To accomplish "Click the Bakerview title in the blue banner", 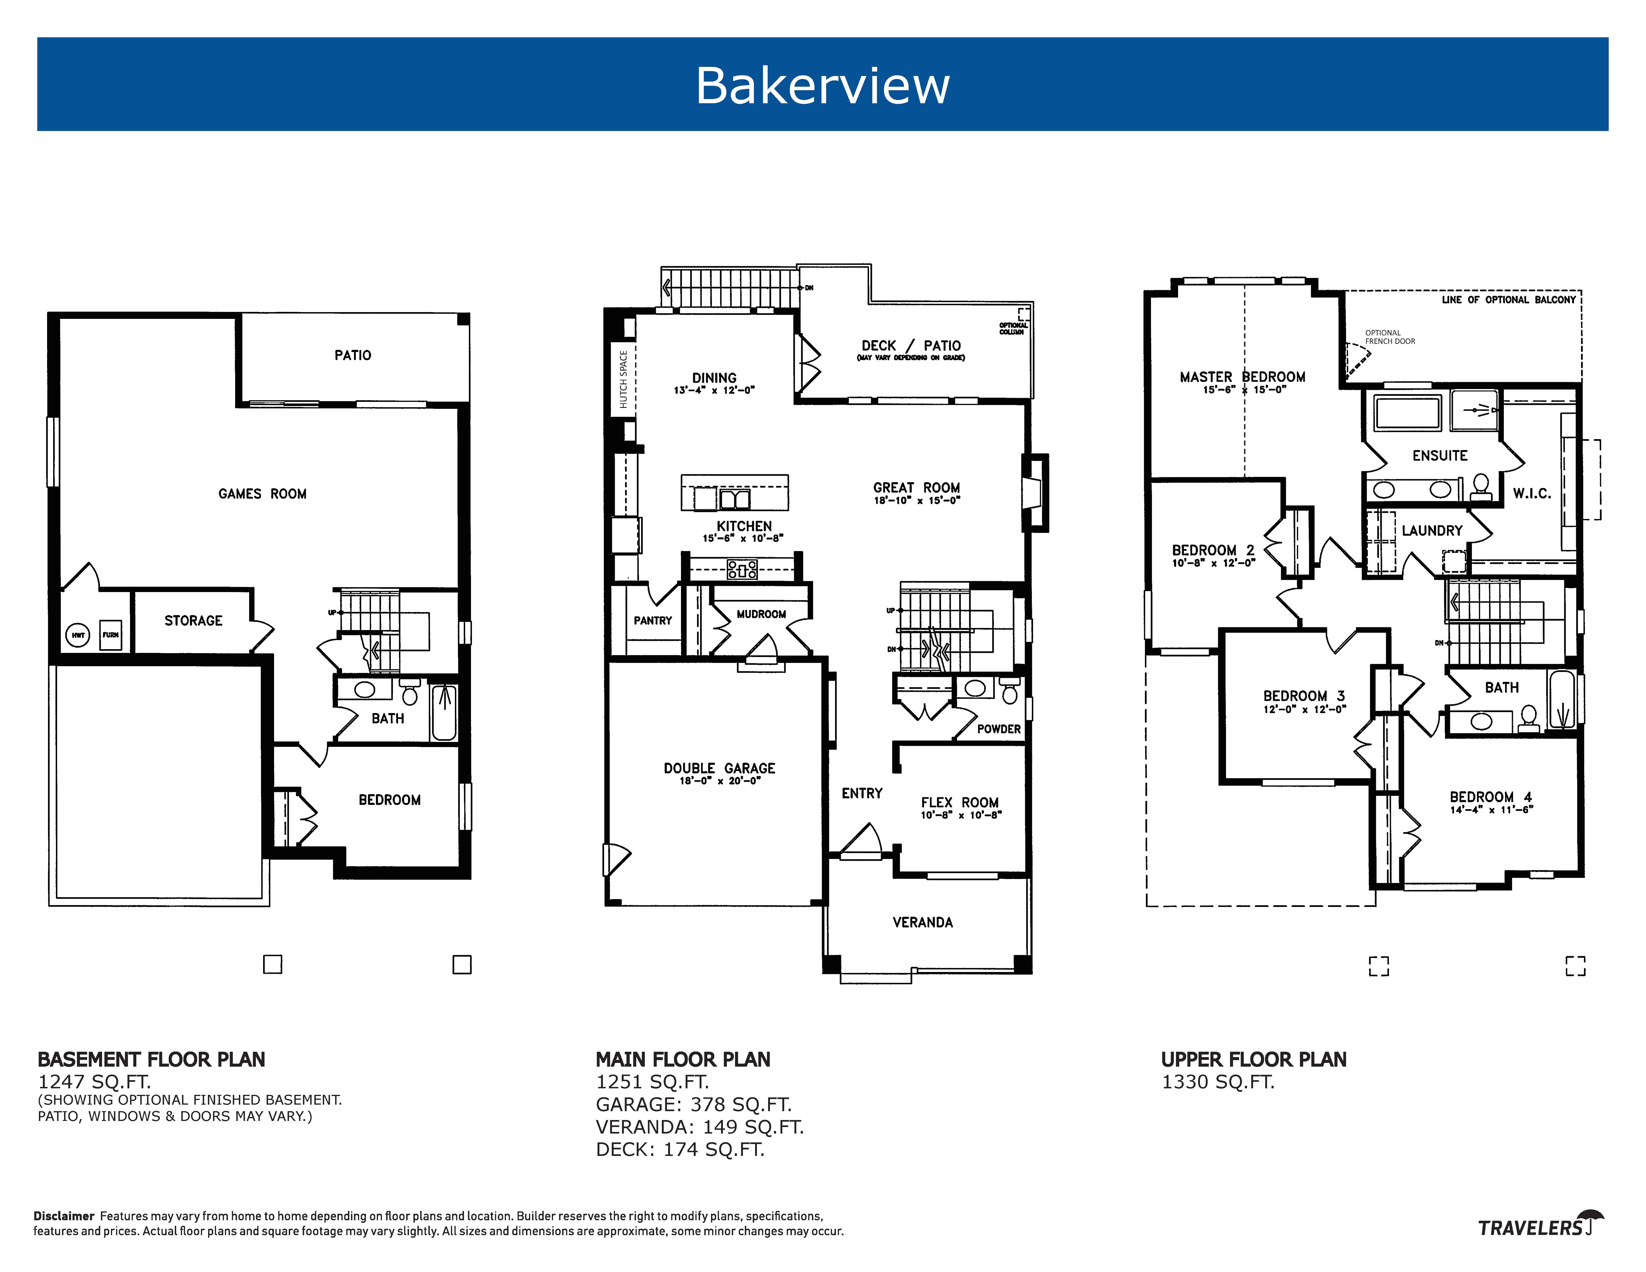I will [x=822, y=85].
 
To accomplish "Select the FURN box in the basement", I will [x=111, y=635].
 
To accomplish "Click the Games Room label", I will [x=262, y=494].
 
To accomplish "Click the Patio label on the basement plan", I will [x=353, y=355].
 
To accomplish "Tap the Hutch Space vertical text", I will [x=623, y=379].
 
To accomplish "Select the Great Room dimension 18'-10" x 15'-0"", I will [x=917, y=501].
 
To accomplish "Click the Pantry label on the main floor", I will [x=653, y=620].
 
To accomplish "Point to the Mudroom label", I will [x=761, y=614].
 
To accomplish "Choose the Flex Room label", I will [x=959, y=803].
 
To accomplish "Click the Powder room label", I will [x=999, y=729].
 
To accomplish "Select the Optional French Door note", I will [x=1390, y=337].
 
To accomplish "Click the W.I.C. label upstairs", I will [x=1531, y=494].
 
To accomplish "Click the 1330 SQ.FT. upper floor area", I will [x=1218, y=1082].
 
